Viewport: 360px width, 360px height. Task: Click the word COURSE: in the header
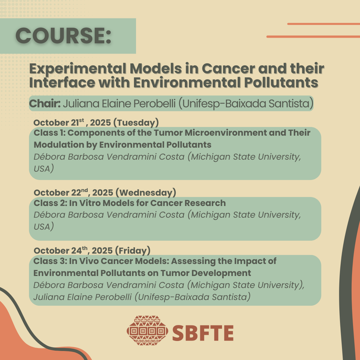coord(63,35)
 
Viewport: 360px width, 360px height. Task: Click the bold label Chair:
coord(45,104)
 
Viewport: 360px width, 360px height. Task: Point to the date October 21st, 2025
coord(72,122)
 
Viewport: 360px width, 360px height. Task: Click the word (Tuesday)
coord(136,123)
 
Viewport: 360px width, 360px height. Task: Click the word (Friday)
coord(133,250)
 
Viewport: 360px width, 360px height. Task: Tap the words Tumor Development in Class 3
coord(205,273)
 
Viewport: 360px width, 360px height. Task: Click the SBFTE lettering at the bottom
coord(203,333)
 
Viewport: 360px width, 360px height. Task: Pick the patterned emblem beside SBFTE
coord(147,331)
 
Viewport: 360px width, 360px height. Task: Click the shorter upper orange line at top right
coord(323,24)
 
